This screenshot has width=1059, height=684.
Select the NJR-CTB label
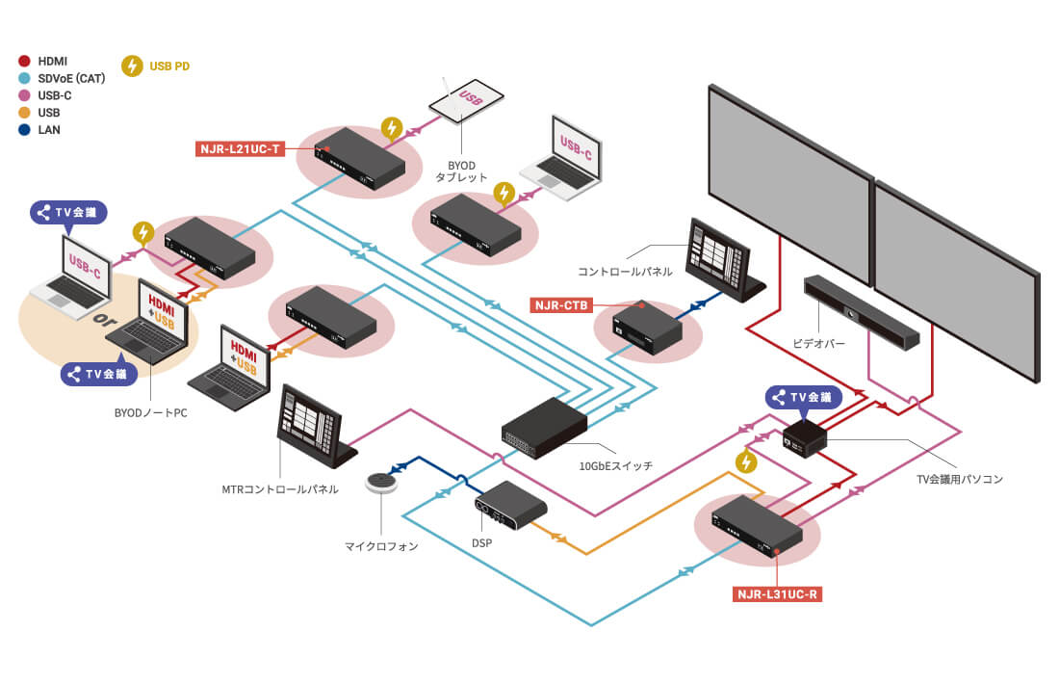pos(560,305)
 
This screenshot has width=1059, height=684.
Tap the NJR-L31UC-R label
pos(777,593)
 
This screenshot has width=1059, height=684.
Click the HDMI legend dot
pos(25,61)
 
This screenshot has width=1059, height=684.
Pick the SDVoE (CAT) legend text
pos(72,78)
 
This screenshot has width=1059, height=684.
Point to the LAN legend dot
pos(25,130)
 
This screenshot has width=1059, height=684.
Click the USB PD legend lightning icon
pos(132,66)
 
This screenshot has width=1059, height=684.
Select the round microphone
pos(387,483)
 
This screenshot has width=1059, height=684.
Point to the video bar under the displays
pos(862,310)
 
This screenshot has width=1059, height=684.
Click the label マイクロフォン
pos(382,546)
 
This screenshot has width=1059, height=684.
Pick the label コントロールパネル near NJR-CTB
pos(625,272)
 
